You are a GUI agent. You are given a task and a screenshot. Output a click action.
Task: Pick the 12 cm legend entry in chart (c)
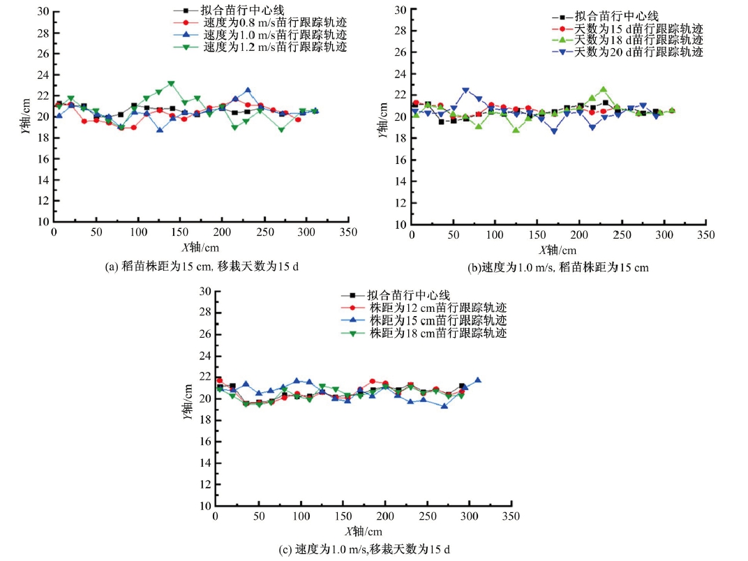point(437,308)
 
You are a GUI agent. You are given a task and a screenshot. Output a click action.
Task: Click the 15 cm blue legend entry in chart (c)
point(437,320)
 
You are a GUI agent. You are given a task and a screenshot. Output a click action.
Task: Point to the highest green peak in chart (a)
point(171,84)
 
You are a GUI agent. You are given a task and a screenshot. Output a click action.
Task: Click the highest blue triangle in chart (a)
point(248,90)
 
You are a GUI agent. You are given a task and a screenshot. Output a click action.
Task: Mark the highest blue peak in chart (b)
point(465,91)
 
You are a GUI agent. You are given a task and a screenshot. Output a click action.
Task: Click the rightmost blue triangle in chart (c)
point(478,380)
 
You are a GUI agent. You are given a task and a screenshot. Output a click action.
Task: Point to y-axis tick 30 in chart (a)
point(43,11)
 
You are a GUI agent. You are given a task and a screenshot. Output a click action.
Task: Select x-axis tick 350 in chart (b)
point(706,235)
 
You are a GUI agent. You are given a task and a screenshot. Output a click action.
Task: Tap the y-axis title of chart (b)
point(385,118)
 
